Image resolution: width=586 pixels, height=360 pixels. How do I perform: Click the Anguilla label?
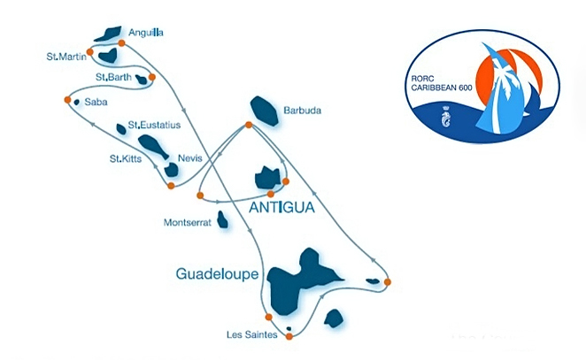pyautogui.click(x=147, y=32)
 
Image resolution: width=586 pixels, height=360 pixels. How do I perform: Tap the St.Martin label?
pyautogui.click(x=66, y=57)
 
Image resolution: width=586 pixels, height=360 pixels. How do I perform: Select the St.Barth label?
pyautogui.click(x=113, y=77)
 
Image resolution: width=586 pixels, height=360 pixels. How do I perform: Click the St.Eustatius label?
pyautogui.click(x=154, y=125)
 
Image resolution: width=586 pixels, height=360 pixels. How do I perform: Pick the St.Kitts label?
pyautogui.click(x=124, y=159)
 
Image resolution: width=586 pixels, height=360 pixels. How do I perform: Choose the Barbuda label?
pyautogui.click(x=301, y=111)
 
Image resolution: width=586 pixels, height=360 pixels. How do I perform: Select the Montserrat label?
pyautogui.click(x=188, y=223)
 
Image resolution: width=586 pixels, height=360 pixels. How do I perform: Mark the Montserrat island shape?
pyautogui.click(x=222, y=218)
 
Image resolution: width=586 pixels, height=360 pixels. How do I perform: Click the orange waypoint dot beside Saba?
pyautogui.click(x=67, y=100)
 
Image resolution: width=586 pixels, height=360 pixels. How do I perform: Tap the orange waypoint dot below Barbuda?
pyautogui.click(x=248, y=125)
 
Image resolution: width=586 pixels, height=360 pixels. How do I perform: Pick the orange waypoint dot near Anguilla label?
pyautogui.click(x=122, y=42)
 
